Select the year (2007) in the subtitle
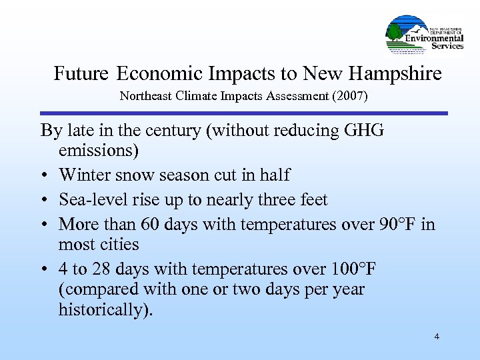tap(347, 96)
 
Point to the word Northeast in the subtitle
tap(145, 96)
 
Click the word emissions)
tap(99, 151)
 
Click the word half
tap(275, 175)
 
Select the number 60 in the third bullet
tap(153, 225)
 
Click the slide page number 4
tap(437, 337)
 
